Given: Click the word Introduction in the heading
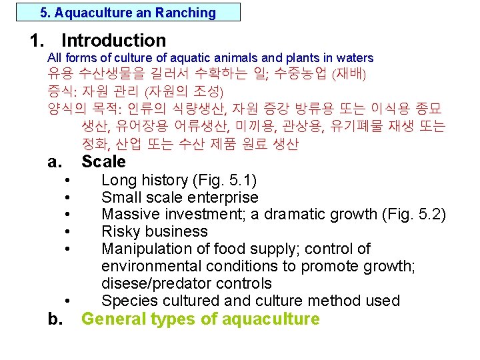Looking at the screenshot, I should click(x=113, y=41).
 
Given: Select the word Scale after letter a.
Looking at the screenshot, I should click(x=103, y=161).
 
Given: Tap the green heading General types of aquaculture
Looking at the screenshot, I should click(x=200, y=319).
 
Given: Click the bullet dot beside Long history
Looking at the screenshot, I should click(x=69, y=181).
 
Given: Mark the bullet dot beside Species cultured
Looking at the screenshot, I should click(x=69, y=302).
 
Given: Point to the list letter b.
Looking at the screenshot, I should click(x=55, y=319).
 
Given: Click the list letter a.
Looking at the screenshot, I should click(x=55, y=161).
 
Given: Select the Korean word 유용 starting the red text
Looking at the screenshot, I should click(x=60, y=73).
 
